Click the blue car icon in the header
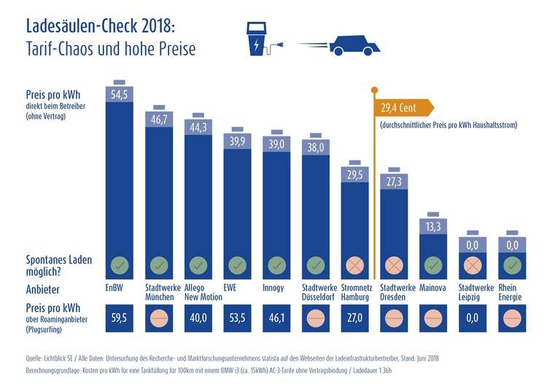354,45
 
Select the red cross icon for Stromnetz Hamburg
355,263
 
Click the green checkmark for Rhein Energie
513,263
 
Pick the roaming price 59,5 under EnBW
120,318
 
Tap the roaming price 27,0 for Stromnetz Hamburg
355,318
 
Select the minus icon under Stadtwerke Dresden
395,318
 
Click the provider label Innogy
273,287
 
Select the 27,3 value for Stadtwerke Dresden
395,179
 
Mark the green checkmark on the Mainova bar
434,263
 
